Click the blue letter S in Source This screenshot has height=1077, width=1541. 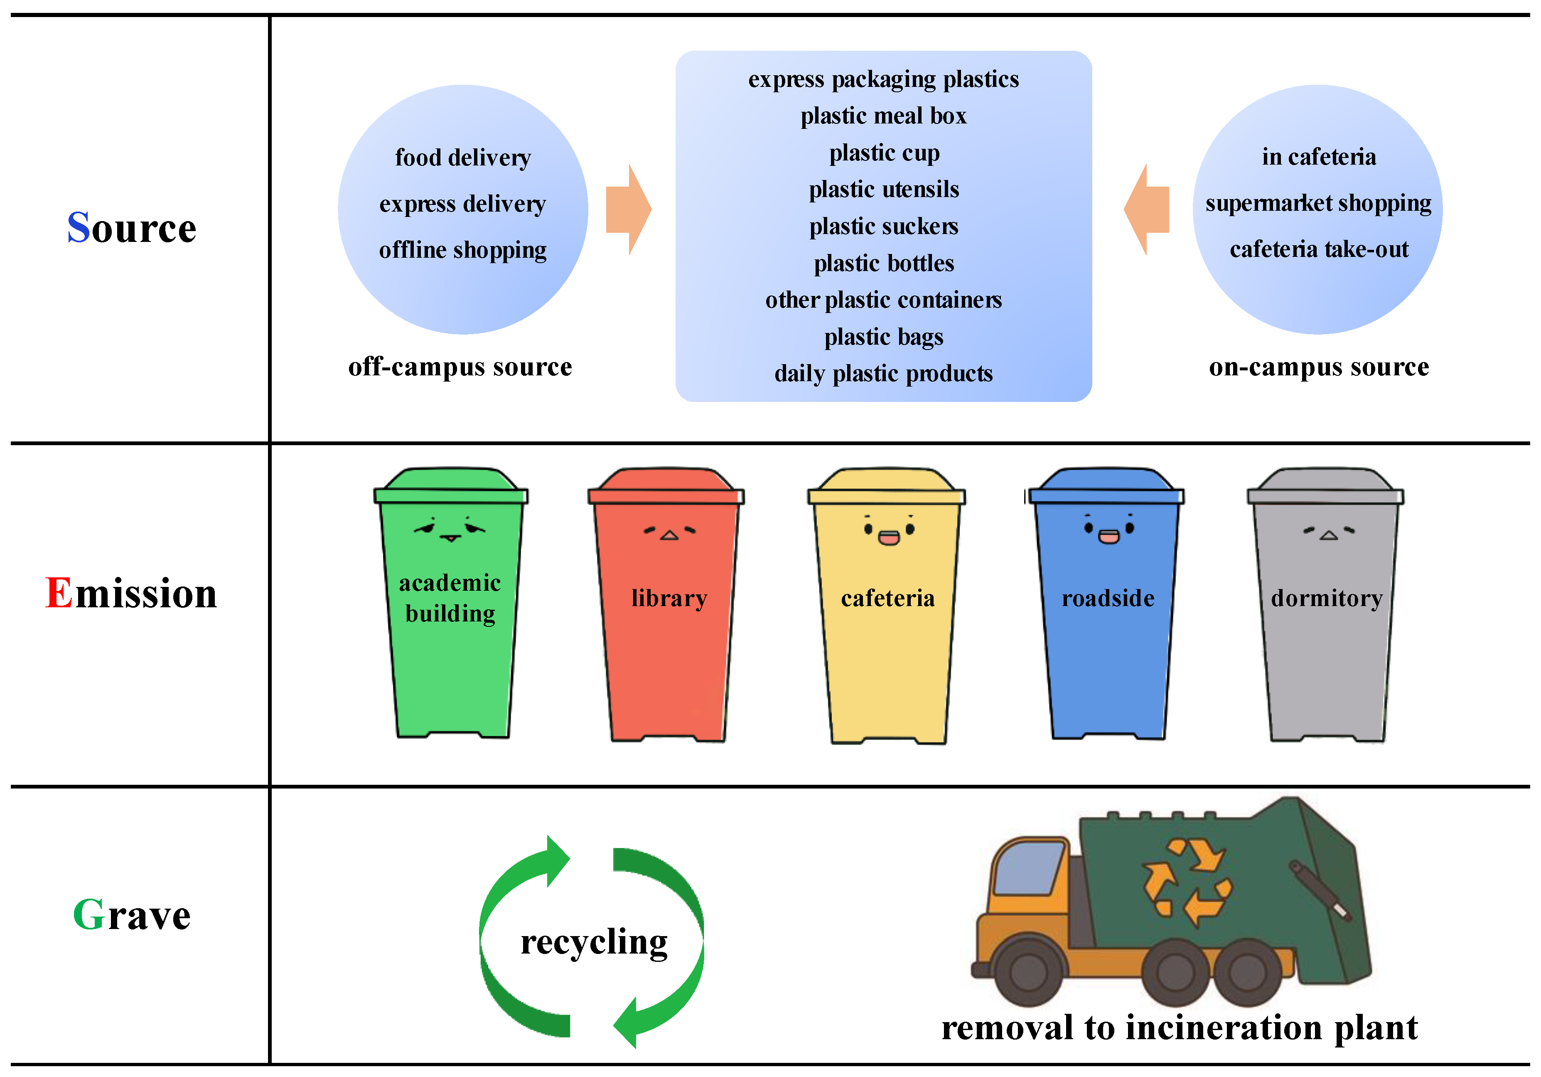pos(79,228)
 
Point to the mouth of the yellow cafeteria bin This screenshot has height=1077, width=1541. pos(889,537)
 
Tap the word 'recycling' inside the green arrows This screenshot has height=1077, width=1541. pos(594,941)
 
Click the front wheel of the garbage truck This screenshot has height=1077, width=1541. pos(1028,971)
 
